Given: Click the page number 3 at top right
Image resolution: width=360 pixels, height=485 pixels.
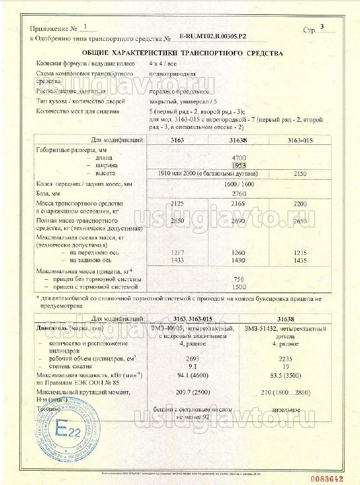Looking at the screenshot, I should point(322,27).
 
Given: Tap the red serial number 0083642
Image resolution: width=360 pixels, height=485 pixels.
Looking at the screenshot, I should point(337,478).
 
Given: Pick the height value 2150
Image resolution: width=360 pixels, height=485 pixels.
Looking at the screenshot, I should point(300,173).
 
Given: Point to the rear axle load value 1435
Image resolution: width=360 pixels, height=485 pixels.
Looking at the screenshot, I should point(300,260).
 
